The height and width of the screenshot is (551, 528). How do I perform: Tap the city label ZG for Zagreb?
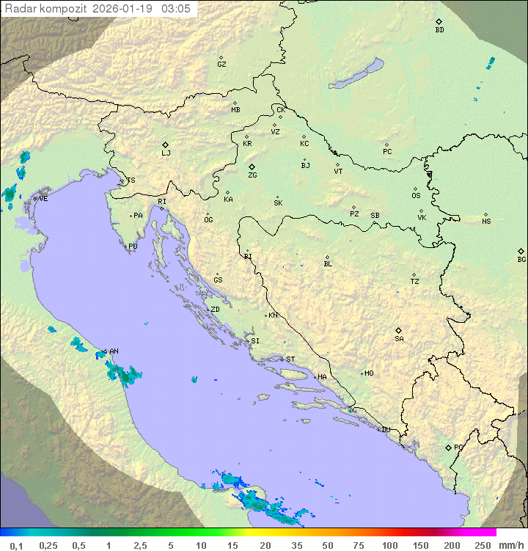click(252, 176)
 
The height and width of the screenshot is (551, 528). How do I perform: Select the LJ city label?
click(166, 153)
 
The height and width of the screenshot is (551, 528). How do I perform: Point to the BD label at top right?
click(439, 30)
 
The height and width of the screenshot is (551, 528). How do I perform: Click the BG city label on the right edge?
click(521, 260)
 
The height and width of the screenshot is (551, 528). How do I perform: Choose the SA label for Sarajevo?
click(399, 339)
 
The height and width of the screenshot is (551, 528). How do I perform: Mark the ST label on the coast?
click(290, 360)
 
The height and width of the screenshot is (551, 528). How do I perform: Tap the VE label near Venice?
click(43, 199)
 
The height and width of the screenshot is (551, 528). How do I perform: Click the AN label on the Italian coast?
click(114, 351)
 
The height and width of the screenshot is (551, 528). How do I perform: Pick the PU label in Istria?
click(133, 247)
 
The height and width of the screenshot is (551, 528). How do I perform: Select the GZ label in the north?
click(221, 65)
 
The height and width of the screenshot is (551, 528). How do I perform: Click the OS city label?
click(416, 197)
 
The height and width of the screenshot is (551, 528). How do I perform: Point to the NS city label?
click(486, 222)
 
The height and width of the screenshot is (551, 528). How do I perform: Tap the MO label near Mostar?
click(369, 373)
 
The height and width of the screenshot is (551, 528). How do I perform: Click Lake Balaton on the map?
click(356, 75)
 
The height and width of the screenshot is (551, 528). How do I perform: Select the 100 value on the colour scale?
click(390, 545)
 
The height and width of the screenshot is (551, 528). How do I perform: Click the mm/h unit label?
click(510, 545)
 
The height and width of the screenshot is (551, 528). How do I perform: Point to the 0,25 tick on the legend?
click(48, 545)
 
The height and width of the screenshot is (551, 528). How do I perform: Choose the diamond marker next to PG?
click(448, 447)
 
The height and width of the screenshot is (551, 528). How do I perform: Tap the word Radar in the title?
click(20, 8)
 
